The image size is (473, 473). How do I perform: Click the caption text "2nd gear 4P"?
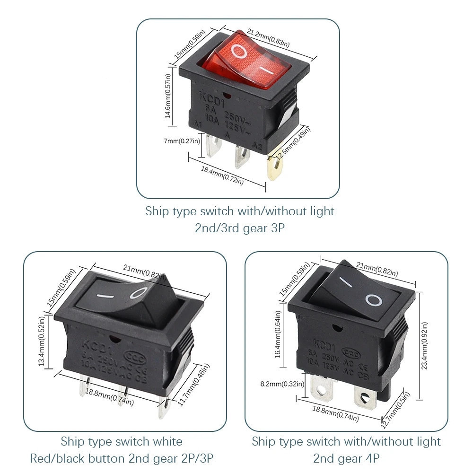pos(346,458)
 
